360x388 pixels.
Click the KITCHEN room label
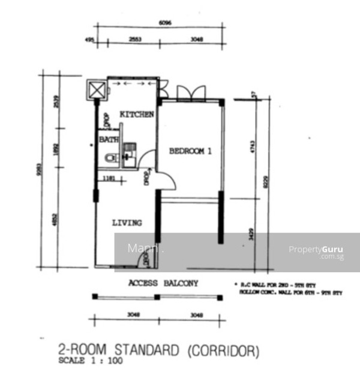(137, 114)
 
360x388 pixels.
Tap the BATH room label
(109, 139)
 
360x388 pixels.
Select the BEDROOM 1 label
(190, 151)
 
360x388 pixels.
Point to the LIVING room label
(127, 223)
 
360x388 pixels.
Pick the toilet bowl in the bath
(110, 159)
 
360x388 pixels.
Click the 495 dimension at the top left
(91, 41)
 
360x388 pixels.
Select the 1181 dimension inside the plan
(109, 178)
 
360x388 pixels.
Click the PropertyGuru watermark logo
(316, 250)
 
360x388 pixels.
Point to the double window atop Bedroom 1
(191, 93)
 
